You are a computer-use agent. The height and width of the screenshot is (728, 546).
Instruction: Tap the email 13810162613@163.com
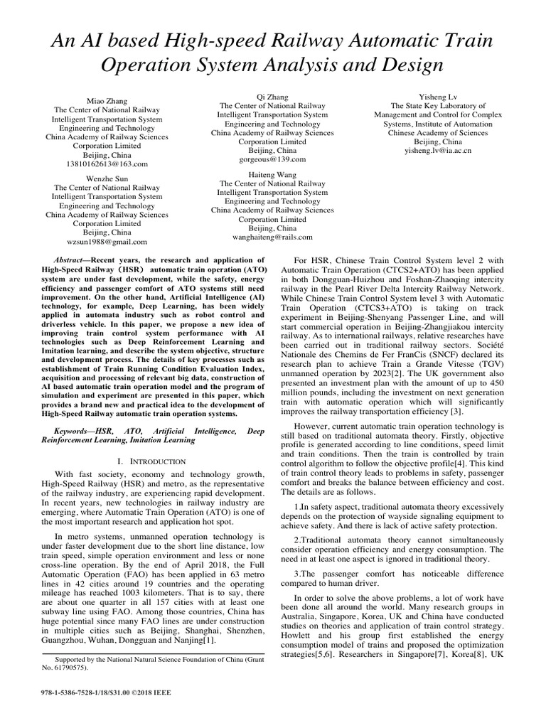pos(107,164)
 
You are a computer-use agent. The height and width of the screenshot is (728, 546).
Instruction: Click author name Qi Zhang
pos(272,96)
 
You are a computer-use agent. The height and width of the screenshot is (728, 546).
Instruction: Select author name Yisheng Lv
pos(437,96)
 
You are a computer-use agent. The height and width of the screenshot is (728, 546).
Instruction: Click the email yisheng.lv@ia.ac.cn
pos(437,151)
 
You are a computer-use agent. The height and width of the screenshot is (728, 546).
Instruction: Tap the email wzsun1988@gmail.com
pos(107,242)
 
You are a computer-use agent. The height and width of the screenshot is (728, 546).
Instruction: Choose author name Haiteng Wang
pos(272,174)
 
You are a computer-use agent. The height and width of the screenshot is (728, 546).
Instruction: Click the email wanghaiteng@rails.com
pos(272,237)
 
